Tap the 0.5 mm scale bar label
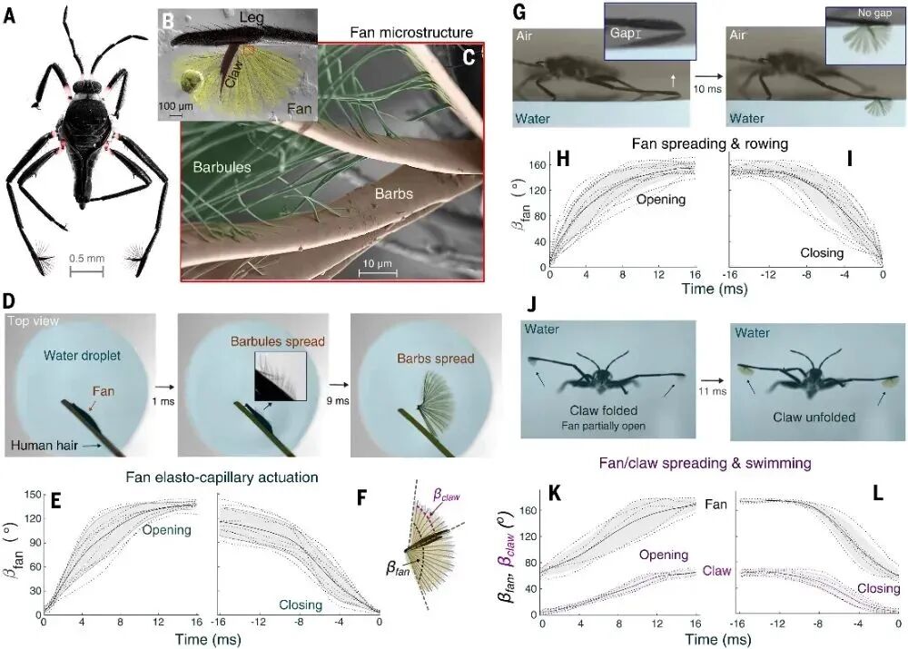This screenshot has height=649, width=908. [86, 258]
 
